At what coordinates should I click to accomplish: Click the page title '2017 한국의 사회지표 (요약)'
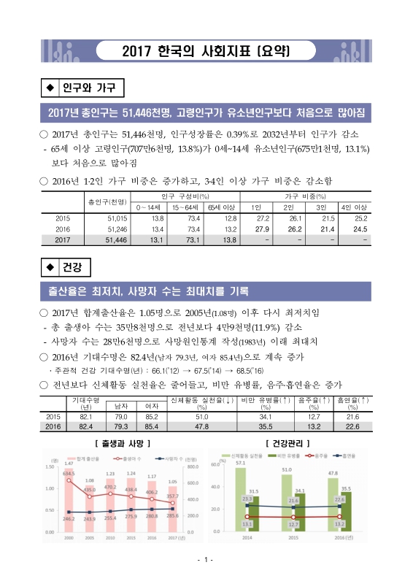[206, 52]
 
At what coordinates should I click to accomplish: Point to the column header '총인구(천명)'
[107, 201]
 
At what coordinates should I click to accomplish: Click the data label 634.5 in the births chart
[69, 473]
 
